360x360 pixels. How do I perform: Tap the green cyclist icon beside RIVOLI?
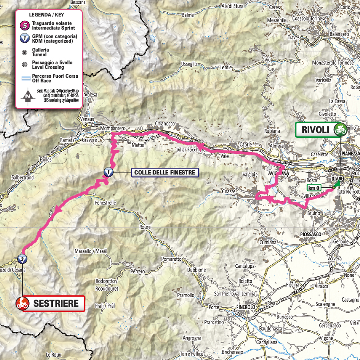339,130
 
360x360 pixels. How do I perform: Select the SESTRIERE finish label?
56,303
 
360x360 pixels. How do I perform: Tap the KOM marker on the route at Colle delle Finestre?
109,172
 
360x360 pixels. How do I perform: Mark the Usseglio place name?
189,64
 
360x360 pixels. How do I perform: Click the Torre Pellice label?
192,353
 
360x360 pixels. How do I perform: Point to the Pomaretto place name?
172,259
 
